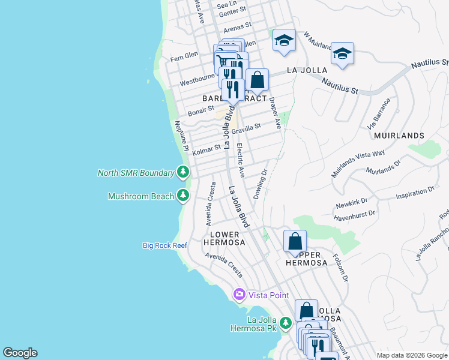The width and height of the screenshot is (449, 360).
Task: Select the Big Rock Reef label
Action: [x=165, y=245]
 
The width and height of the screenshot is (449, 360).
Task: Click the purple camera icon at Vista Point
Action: [x=240, y=295]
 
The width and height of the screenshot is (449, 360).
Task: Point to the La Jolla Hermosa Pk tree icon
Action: [x=286, y=324]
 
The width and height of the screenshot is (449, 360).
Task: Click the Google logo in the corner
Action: [x=20, y=353]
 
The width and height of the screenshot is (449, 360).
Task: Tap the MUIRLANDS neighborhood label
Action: [x=399, y=136]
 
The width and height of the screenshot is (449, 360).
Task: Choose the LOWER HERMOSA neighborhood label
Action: [x=224, y=238]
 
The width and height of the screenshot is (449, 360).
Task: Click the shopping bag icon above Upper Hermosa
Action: [x=295, y=242]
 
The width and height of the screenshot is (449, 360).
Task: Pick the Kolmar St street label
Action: [x=207, y=149]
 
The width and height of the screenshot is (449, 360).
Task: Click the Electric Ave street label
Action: [x=241, y=160]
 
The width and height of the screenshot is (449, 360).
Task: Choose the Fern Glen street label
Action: [x=184, y=55]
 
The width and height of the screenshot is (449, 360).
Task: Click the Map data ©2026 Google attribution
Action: [x=411, y=355]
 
